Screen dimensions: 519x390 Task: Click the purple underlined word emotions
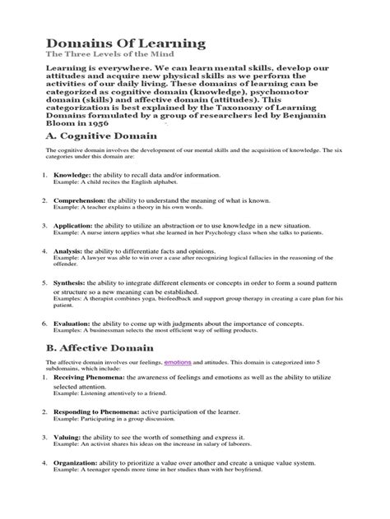click(182, 384)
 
